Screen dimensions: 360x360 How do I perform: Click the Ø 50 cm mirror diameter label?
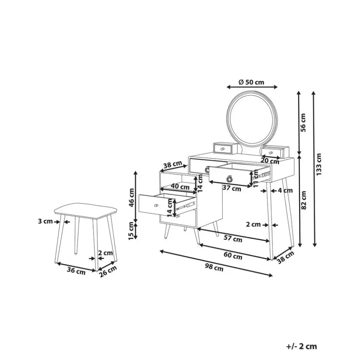pyautogui.click(x=251, y=82)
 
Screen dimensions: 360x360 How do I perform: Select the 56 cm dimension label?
pyautogui.click(x=303, y=121)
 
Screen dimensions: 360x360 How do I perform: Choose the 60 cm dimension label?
pyautogui.click(x=233, y=255)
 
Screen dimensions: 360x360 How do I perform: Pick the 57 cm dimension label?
pyautogui.click(x=233, y=239)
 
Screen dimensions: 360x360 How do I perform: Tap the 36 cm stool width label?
pyautogui.click(x=76, y=271)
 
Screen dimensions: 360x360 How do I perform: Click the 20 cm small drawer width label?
pyautogui.click(x=270, y=161)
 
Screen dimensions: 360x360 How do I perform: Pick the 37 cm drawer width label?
pyautogui.click(x=231, y=189)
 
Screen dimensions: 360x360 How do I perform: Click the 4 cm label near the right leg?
pyautogui.click(x=286, y=190)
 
